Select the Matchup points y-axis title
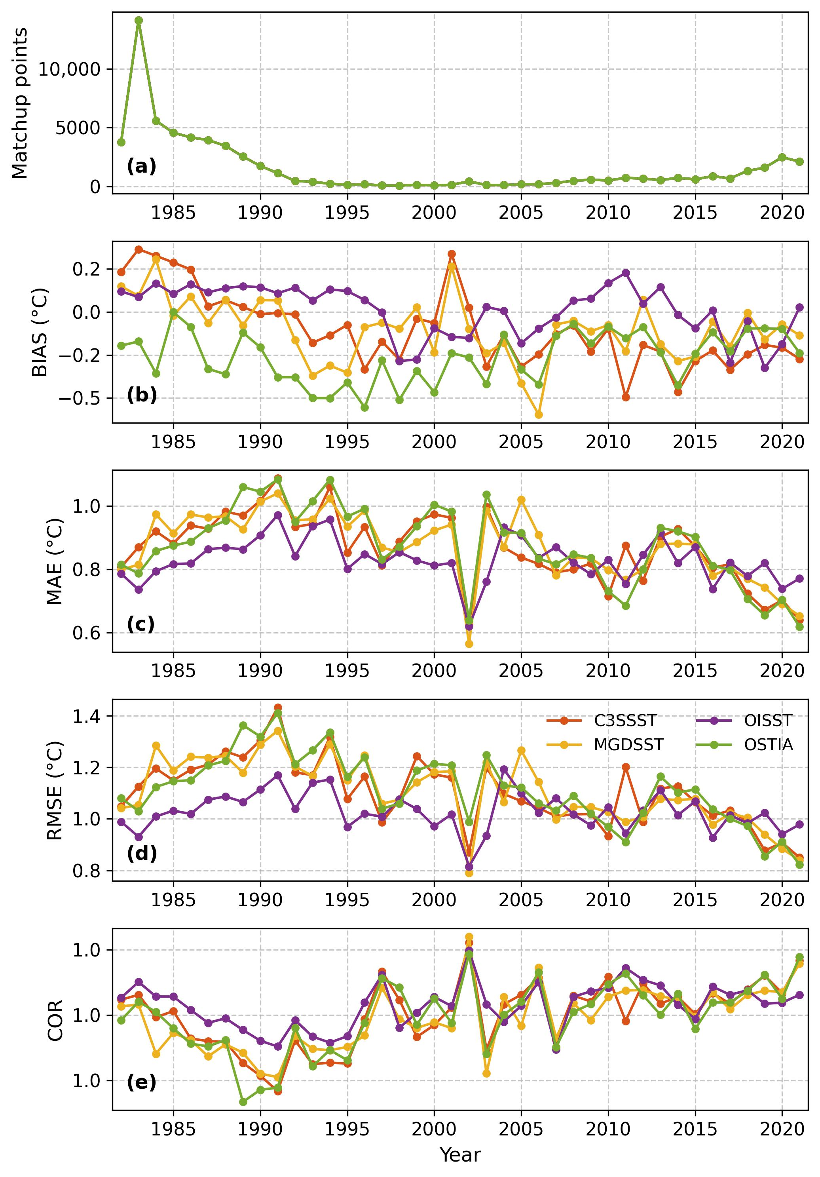coord(20,103)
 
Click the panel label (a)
coord(141,167)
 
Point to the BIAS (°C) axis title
coord(40,332)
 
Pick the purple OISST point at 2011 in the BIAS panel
coord(626,273)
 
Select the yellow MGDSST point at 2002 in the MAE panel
coord(469,644)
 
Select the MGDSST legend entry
coord(605,745)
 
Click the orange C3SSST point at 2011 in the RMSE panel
coord(626,767)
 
